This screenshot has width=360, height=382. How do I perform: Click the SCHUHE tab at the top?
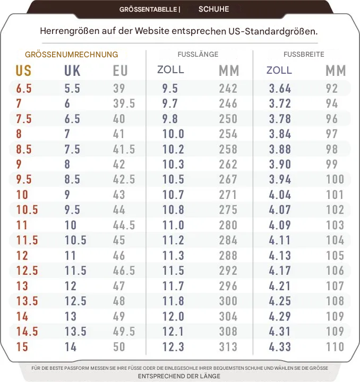point(213,9)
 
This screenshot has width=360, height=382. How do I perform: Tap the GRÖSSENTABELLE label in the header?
point(148,10)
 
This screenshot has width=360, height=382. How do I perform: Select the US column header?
point(23,71)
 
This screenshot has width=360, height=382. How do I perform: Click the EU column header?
point(121,71)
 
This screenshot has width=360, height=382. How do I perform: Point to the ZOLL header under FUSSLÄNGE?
point(170,70)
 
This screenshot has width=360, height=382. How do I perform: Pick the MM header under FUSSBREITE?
point(336,71)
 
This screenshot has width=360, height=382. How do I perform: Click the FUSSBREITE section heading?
point(304,55)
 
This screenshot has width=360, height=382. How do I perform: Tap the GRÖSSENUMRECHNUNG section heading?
point(71,55)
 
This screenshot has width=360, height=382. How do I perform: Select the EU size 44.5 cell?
point(124,225)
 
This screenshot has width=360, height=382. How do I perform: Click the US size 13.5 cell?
point(27,301)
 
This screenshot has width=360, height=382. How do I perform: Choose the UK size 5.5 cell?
point(72,89)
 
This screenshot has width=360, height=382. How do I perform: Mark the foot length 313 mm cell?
point(228,347)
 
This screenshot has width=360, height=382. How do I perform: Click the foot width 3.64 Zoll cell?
point(280,89)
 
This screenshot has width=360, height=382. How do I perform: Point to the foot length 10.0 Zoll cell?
point(173,134)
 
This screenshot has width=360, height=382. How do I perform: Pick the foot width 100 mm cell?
point(335,179)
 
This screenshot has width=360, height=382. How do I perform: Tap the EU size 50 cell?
point(119,347)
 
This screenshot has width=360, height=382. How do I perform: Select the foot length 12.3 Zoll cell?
point(173,347)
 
